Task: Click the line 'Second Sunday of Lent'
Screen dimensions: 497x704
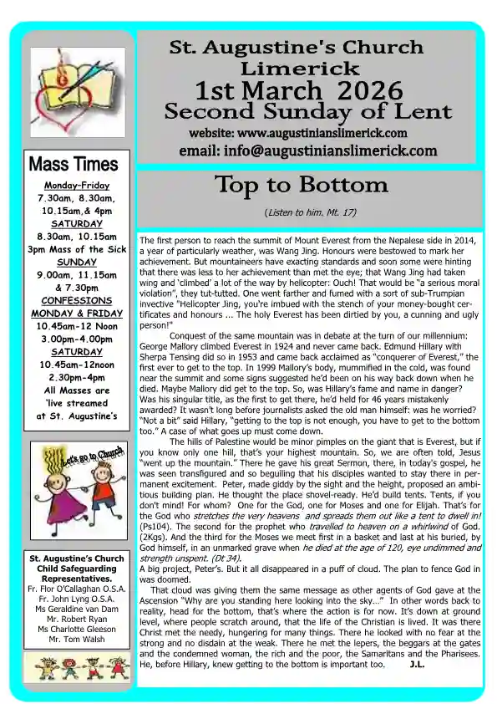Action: (307, 111)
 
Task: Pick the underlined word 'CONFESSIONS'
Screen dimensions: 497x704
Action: (77, 300)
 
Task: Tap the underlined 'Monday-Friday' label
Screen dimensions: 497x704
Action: (77, 185)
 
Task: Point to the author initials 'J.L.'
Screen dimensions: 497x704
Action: (420, 665)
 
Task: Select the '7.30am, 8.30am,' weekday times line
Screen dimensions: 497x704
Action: (77, 198)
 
